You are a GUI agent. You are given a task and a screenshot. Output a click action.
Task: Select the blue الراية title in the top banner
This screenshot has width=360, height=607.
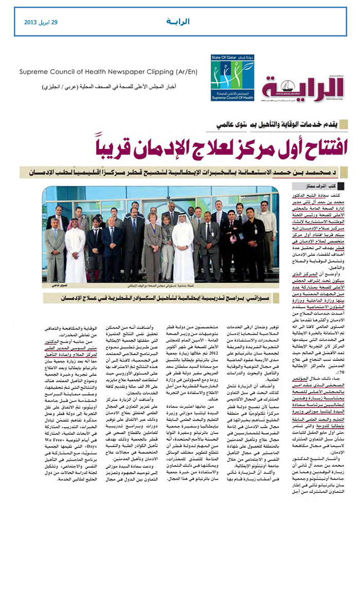(x=178, y=22)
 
